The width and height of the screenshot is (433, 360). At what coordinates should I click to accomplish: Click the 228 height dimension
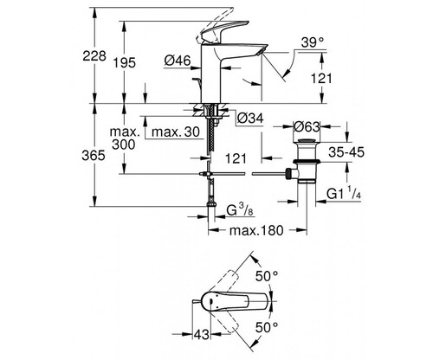[x=94, y=55]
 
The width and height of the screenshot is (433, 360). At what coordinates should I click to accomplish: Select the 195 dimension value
[x=124, y=62]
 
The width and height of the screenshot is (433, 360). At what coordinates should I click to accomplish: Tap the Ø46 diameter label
[x=178, y=61]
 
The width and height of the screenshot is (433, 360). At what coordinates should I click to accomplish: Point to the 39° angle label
[x=312, y=42]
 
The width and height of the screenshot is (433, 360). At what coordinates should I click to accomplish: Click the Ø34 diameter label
[x=250, y=118]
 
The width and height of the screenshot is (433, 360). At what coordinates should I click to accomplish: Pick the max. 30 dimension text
[x=176, y=132]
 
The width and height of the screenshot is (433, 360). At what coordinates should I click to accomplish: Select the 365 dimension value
[x=94, y=156]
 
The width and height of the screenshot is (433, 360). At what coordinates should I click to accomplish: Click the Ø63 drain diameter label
[x=307, y=127]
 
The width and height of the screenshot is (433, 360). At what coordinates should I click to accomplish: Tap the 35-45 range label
[x=346, y=152]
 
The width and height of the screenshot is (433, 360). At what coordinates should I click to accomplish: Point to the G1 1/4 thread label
[x=344, y=193]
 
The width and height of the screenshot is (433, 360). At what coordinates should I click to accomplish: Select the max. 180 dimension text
[x=256, y=230]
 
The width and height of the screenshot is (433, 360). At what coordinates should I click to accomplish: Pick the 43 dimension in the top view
[x=201, y=335]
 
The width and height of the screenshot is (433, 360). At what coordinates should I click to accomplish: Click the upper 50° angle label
[x=267, y=276]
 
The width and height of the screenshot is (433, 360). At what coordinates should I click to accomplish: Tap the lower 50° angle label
[x=267, y=327]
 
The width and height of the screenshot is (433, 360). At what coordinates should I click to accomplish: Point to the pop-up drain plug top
[x=307, y=141]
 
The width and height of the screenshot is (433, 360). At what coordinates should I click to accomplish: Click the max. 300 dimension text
[x=124, y=138]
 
